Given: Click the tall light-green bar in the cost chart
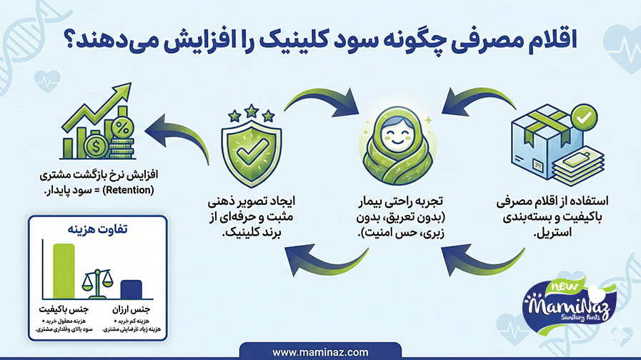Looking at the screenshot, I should point(64,271).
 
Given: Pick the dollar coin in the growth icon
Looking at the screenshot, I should point(94,146).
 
